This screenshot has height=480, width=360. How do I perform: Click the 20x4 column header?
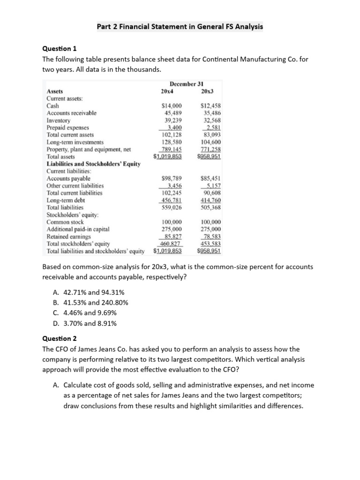pos(167,91)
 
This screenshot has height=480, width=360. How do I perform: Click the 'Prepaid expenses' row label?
pos(67,127)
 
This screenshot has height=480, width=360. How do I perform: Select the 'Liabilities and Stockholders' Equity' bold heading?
pos(93,164)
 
